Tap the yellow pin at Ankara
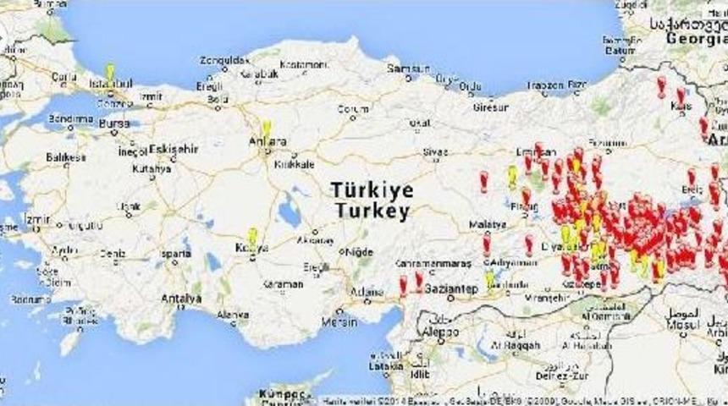(x=266, y=128)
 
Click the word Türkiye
(x=372, y=189)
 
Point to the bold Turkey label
(x=372, y=211)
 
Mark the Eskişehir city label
(x=174, y=149)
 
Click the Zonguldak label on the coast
(x=224, y=60)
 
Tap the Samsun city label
(x=404, y=69)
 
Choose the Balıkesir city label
(x=66, y=157)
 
